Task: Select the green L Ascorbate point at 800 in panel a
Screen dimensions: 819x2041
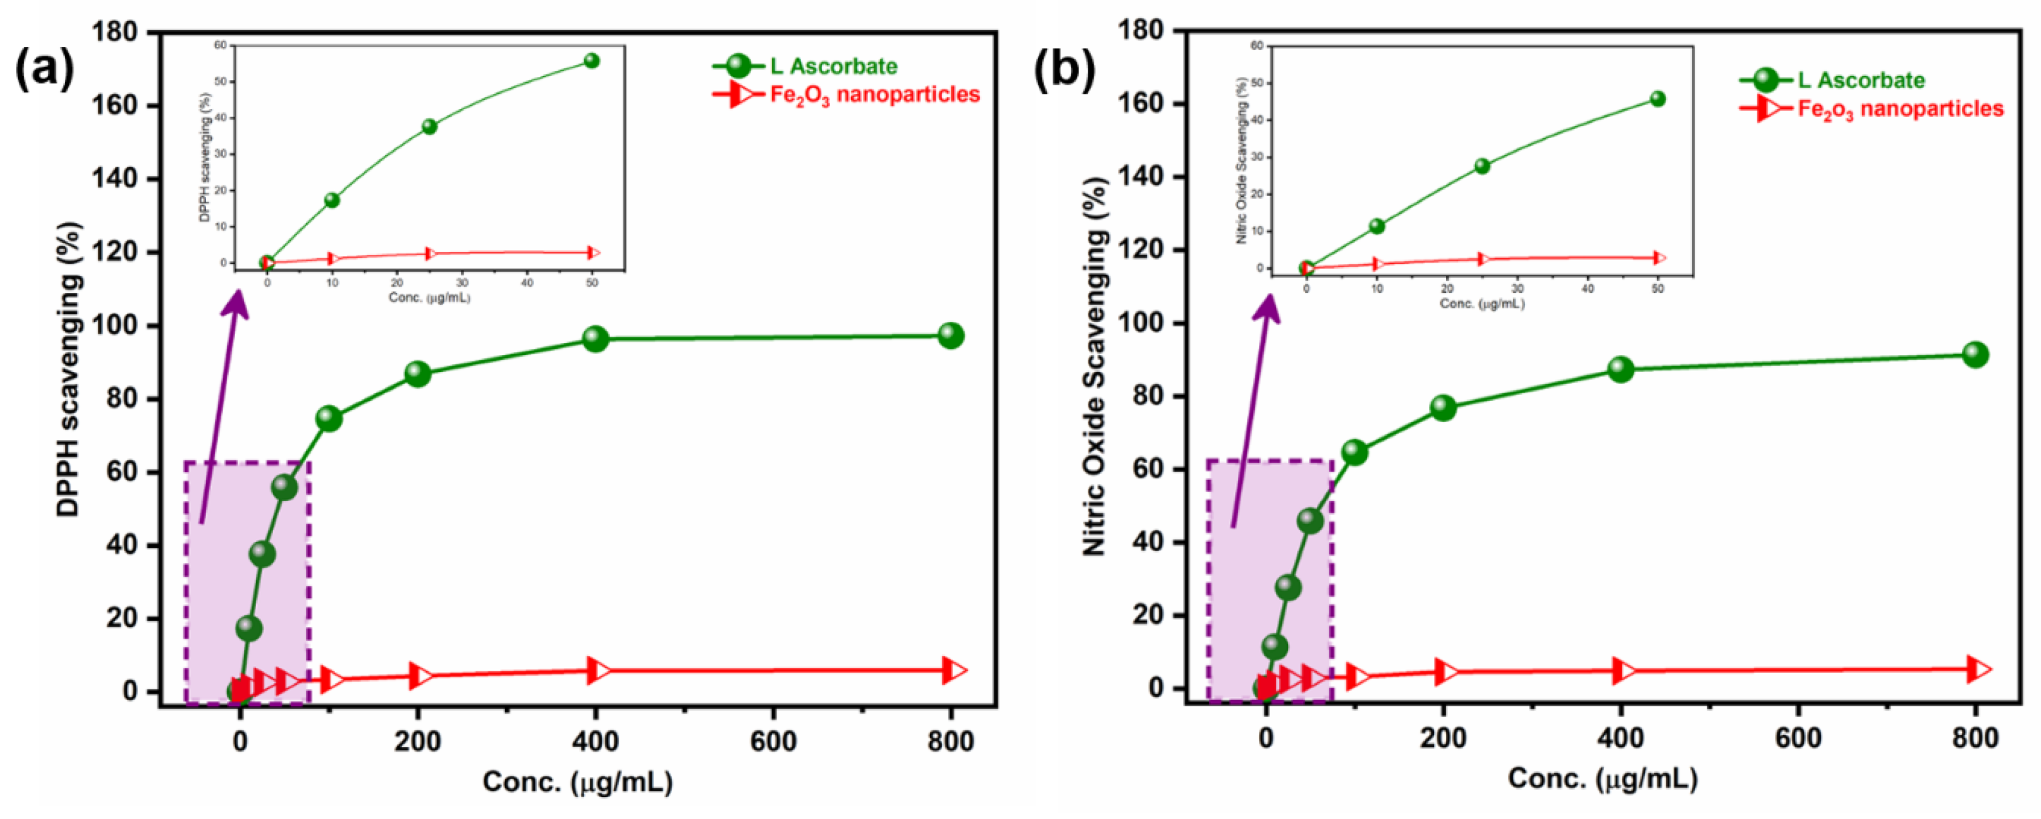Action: coord(950,335)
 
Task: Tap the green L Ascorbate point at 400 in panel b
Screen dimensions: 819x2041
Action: coord(1620,369)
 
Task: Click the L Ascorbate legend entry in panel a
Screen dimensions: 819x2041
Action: coord(832,66)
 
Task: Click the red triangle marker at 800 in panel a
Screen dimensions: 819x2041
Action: coord(954,671)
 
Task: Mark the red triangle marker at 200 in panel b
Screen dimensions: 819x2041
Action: coord(1445,671)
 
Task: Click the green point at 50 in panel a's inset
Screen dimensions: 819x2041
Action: coord(591,61)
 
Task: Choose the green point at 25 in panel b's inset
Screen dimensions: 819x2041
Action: coord(1481,166)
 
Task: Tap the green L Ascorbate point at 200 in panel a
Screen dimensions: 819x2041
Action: coord(418,373)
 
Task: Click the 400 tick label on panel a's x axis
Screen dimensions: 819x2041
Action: coord(595,741)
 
